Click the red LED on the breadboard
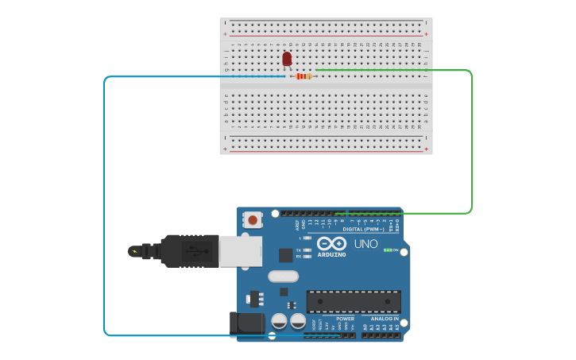click(x=287, y=59)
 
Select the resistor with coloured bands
click(x=303, y=76)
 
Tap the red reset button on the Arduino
click(x=253, y=219)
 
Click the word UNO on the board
click(x=365, y=244)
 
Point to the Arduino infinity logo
click(x=331, y=243)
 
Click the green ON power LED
click(x=387, y=250)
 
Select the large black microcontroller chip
click(x=354, y=302)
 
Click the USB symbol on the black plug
click(x=193, y=251)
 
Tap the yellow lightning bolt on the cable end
click(x=134, y=252)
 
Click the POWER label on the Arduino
click(x=345, y=319)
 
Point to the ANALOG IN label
click(x=385, y=319)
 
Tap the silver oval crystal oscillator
click(x=283, y=277)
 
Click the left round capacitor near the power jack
click(x=279, y=321)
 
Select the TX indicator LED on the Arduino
click(x=307, y=250)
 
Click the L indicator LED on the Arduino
click(x=307, y=238)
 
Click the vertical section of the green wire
click(x=472, y=143)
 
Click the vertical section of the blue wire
click(x=104, y=207)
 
